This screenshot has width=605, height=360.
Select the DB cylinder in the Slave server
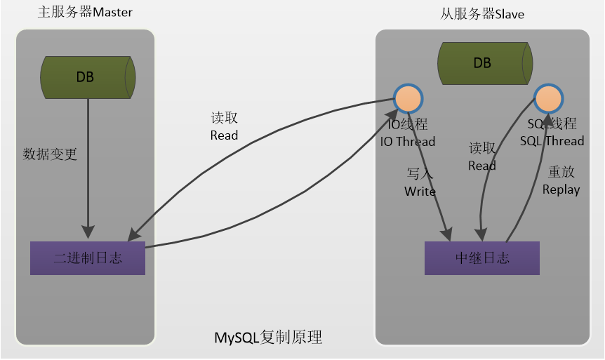coord(482,62)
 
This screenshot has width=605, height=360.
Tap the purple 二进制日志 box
coord(88,258)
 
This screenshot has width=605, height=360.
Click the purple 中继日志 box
coord(482,258)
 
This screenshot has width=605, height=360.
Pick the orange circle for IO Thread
coord(407,99)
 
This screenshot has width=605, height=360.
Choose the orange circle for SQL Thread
coord(547,99)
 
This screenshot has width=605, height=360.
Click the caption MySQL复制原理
coord(268,338)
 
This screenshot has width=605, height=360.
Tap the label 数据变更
coord(50,154)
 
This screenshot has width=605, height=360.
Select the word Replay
coord(561,189)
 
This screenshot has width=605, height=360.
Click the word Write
coord(420,192)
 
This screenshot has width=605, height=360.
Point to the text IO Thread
coord(408,142)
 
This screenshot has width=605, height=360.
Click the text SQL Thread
coord(552,141)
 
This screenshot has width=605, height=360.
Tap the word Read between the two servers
coord(224,135)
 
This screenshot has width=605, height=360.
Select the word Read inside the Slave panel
coord(482,166)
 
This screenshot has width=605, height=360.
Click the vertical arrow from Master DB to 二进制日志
coord(88,168)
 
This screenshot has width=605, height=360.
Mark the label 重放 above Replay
coord(561,172)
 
